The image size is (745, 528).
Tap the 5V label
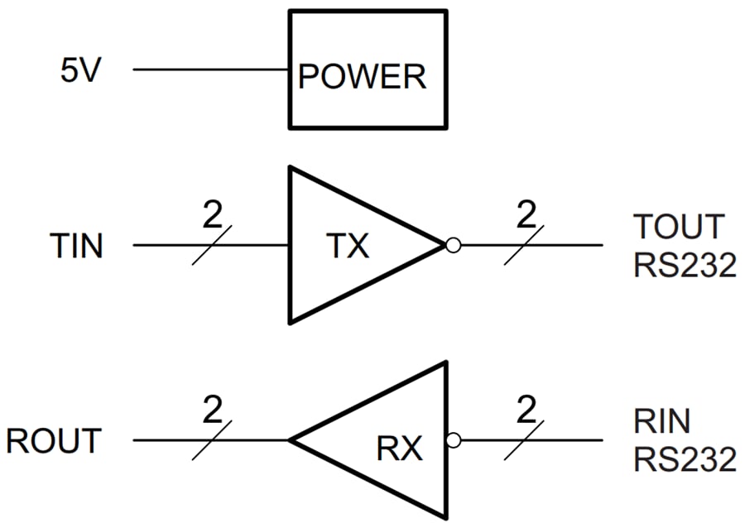81,70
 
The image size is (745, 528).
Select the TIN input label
77,246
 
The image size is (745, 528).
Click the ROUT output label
55,441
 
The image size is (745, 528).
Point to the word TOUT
679,226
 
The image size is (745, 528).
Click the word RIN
662,422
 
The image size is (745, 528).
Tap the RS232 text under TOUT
685,266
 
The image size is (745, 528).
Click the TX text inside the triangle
347,246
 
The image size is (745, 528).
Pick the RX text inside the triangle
400,449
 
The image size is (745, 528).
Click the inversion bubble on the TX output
452,245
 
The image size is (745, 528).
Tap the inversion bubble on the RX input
452,440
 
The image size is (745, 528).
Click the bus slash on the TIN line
211,246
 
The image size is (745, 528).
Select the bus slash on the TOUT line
524,246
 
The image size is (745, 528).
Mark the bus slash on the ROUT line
211,440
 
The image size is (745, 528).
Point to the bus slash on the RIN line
524,440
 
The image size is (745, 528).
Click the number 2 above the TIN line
212,217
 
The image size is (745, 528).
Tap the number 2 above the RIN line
526,411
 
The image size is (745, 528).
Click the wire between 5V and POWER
211,70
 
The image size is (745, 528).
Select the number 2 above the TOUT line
526,217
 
